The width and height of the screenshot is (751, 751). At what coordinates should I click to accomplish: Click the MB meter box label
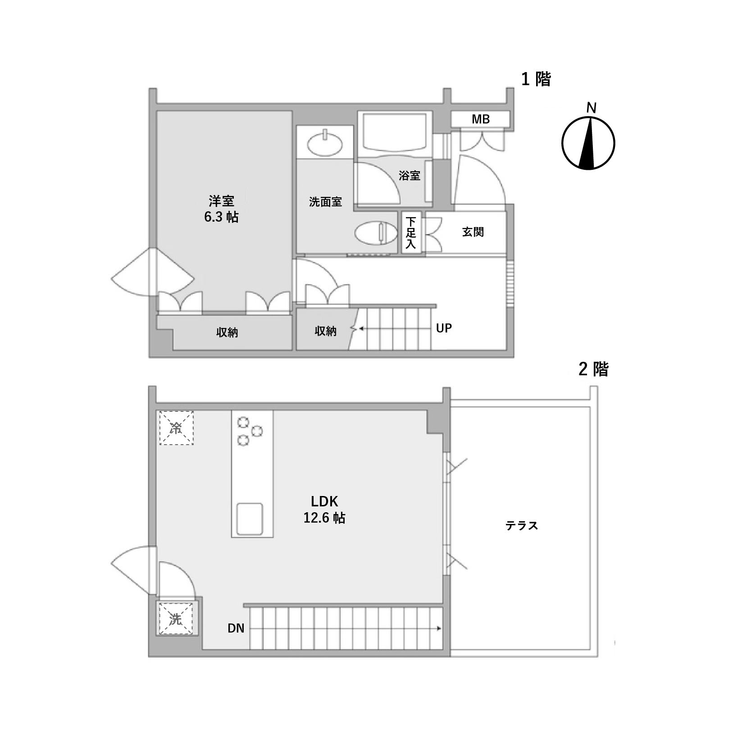coord(480,119)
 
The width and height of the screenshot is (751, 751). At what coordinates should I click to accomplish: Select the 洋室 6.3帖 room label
coord(221,209)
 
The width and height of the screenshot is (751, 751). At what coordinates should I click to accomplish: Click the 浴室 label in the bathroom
coord(410,176)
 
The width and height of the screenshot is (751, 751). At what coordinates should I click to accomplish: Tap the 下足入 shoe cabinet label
coord(411,233)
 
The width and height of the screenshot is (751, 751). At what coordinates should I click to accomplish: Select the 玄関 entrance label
coord(473,232)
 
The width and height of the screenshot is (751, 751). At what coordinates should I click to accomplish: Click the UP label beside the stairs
coord(444,328)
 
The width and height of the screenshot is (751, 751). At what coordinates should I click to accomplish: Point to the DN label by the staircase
coord(236,628)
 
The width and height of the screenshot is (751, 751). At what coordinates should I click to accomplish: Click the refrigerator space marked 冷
coord(176,428)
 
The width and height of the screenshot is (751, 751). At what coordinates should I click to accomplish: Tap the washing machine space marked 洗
coord(176,618)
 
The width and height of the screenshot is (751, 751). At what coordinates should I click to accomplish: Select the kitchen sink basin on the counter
coord(250,519)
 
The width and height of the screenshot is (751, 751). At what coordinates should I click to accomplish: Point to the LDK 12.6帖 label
coord(324,510)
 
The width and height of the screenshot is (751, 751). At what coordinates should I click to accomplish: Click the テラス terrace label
coord(522,526)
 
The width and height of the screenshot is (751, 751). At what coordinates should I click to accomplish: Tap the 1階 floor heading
coord(536,79)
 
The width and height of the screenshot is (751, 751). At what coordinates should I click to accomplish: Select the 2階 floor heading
coord(593,369)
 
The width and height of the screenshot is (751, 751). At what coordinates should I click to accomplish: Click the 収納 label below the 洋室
coord(227,332)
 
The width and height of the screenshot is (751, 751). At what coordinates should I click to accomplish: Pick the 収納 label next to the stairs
coord(325,331)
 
